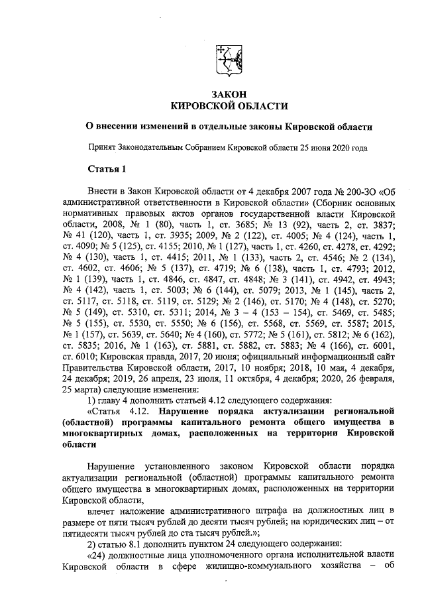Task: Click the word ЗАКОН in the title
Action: [230, 95]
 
